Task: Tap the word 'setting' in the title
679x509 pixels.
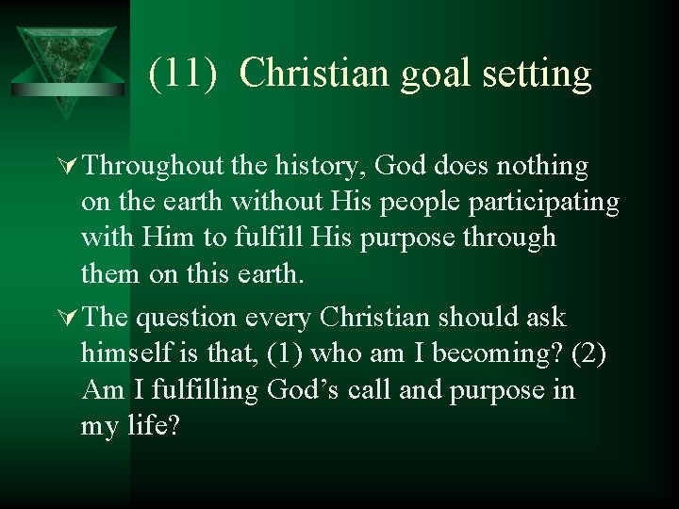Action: [532, 74]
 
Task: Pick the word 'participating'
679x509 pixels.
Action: [538, 203]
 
